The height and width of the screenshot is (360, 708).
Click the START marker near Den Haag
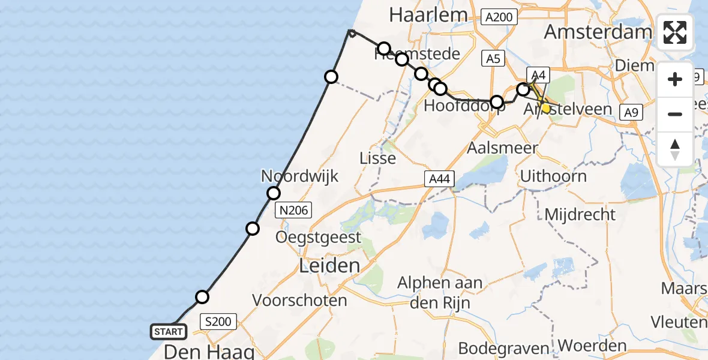coord(169,331)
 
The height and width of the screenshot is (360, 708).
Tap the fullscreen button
coord(675,32)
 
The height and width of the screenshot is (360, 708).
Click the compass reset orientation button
coord(675,149)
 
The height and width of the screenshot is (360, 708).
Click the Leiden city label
coord(330,265)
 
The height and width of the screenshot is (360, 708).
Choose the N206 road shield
coord(294,210)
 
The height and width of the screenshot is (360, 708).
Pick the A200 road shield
coord(499,17)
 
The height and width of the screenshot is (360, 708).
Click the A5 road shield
coord(493,58)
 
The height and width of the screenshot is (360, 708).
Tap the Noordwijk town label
coord(299,176)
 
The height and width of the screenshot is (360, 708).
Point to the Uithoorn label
coord(553,176)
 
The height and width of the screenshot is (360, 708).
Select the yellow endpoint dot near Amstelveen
coord(545,108)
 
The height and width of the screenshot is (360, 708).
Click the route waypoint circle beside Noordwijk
coord(274,193)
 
